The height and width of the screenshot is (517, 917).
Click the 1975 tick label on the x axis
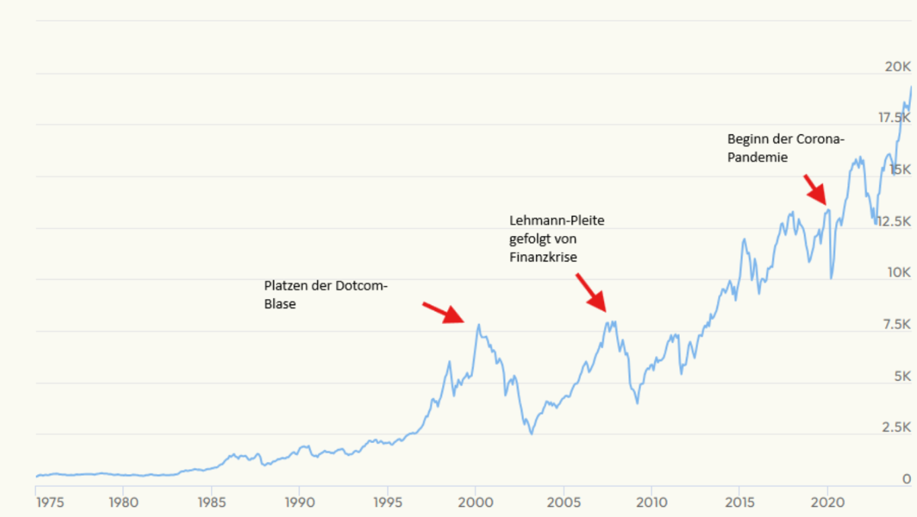pyautogui.click(x=50, y=502)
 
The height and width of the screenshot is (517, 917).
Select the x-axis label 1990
pyautogui.click(x=299, y=502)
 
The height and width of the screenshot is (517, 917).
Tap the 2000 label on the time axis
pyautogui.click(x=475, y=502)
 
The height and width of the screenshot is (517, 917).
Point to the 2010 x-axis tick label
pyautogui.click(x=652, y=502)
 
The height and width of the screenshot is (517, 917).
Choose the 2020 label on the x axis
pyautogui.click(x=828, y=502)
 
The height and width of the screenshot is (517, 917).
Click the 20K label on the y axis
pyautogui.click(x=898, y=67)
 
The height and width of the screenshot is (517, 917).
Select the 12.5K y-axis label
pyautogui.click(x=893, y=221)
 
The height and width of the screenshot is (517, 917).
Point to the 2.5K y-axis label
pyautogui.click(x=897, y=428)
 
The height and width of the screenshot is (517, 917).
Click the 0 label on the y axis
pyautogui.click(x=907, y=479)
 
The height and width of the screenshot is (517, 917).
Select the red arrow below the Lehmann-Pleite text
pyautogui.click(x=591, y=292)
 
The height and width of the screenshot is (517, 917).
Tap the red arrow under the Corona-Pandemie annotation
pyautogui.click(x=816, y=190)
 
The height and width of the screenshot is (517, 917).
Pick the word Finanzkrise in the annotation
pyautogui.click(x=543, y=257)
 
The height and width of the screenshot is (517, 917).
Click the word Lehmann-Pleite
pyautogui.click(x=556, y=221)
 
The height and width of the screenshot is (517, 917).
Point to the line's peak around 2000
pyautogui.click(x=478, y=325)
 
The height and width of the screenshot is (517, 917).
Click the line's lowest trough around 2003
pyautogui.click(x=531, y=434)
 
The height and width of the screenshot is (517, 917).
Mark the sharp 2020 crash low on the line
pyautogui.click(x=832, y=278)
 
